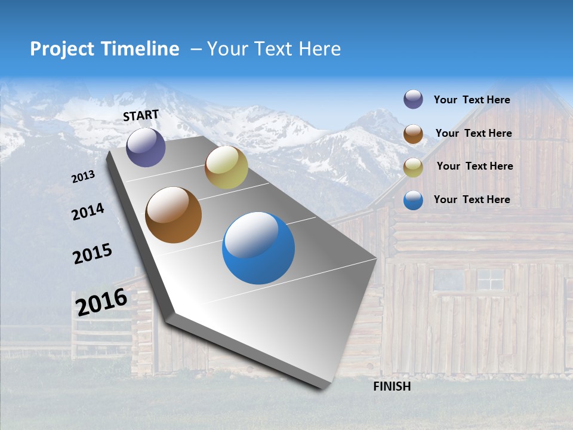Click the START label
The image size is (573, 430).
(x=141, y=115)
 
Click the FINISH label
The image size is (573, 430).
(x=392, y=386)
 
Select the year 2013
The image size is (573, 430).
(x=83, y=177)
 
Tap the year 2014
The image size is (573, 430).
(x=88, y=212)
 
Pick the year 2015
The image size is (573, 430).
(x=93, y=254)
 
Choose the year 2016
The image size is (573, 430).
(x=101, y=302)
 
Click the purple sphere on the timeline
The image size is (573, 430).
(x=146, y=147)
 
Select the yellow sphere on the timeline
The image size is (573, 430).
(x=226, y=168)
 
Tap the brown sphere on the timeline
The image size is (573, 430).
(x=173, y=215)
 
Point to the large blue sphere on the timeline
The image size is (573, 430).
(x=258, y=248)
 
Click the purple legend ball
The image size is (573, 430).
(x=413, y=100)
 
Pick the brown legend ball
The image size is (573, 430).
(x=413, y=134)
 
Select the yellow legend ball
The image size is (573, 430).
(x=413, y=167)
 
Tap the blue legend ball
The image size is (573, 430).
(x=413, y=200)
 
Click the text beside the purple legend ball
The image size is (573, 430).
(x=472, y=100)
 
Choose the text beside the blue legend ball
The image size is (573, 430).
(x=472, y=199)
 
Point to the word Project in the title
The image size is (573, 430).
(x=63, y=49)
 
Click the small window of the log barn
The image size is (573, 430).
(x=490, y=278)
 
